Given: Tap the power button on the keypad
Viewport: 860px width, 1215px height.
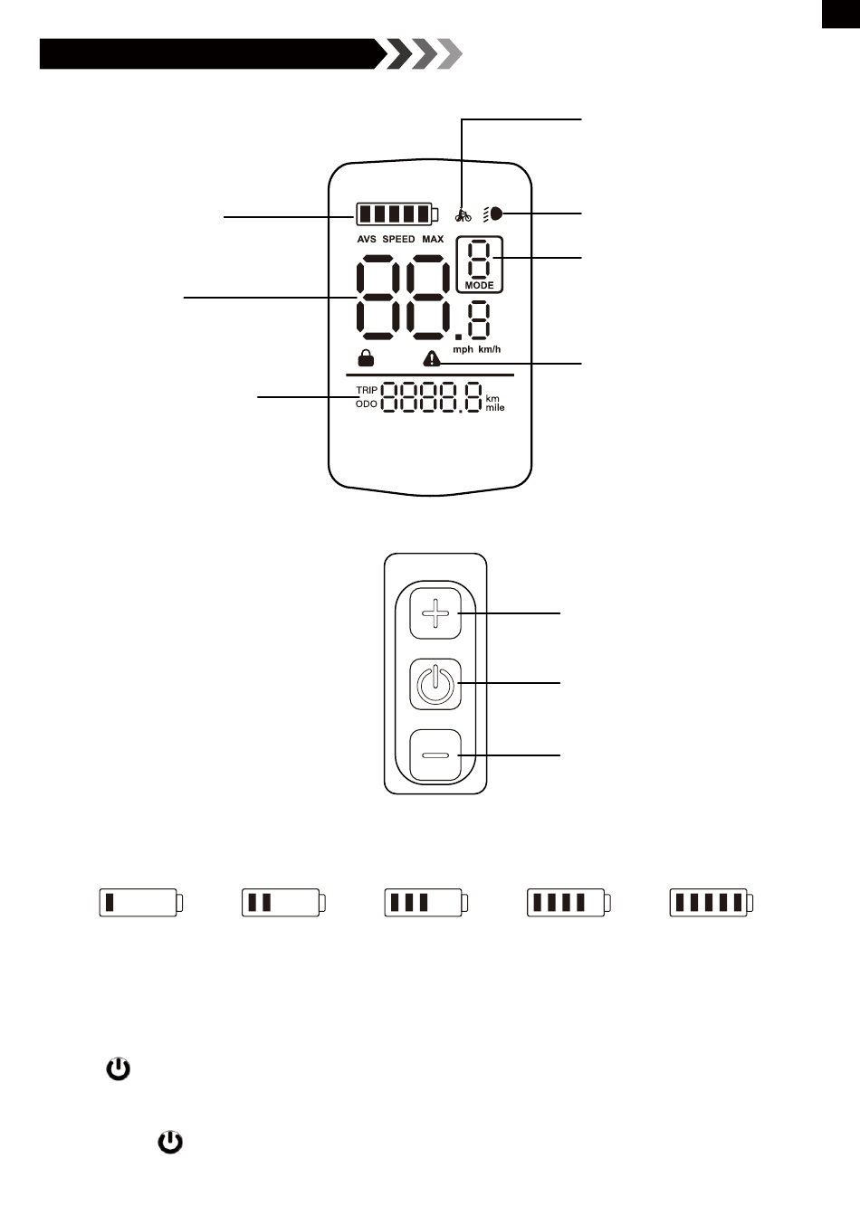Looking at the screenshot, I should click(435, 684).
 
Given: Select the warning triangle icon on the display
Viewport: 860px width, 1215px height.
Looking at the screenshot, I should click(432, 359).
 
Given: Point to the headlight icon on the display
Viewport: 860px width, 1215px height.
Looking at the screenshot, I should click(494, 215).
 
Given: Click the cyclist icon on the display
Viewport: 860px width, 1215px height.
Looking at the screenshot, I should click(463, 215).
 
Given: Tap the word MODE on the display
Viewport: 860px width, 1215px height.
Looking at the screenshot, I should click(479, 286).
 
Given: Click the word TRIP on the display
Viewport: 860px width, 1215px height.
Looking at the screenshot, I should click(367, 390).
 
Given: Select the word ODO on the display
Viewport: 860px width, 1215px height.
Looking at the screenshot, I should click(367, 404).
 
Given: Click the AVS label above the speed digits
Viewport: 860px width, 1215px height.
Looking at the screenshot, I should click(367, 240).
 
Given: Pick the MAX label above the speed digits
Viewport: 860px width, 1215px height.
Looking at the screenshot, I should click(433, 240).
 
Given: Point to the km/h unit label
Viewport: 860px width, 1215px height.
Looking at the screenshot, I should click(489, 349).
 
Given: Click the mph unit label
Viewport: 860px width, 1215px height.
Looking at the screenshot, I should click(463, 349).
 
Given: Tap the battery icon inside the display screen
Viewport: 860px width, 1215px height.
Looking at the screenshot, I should click(397, 214).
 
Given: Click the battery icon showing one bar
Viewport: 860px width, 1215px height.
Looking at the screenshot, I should click(141, 902).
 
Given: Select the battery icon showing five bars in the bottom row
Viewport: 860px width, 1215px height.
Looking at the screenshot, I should click(712, 902).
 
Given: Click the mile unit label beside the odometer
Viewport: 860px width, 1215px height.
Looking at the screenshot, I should click(495, 408).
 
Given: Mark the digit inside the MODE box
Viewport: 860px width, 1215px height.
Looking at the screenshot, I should click(480, 260).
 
